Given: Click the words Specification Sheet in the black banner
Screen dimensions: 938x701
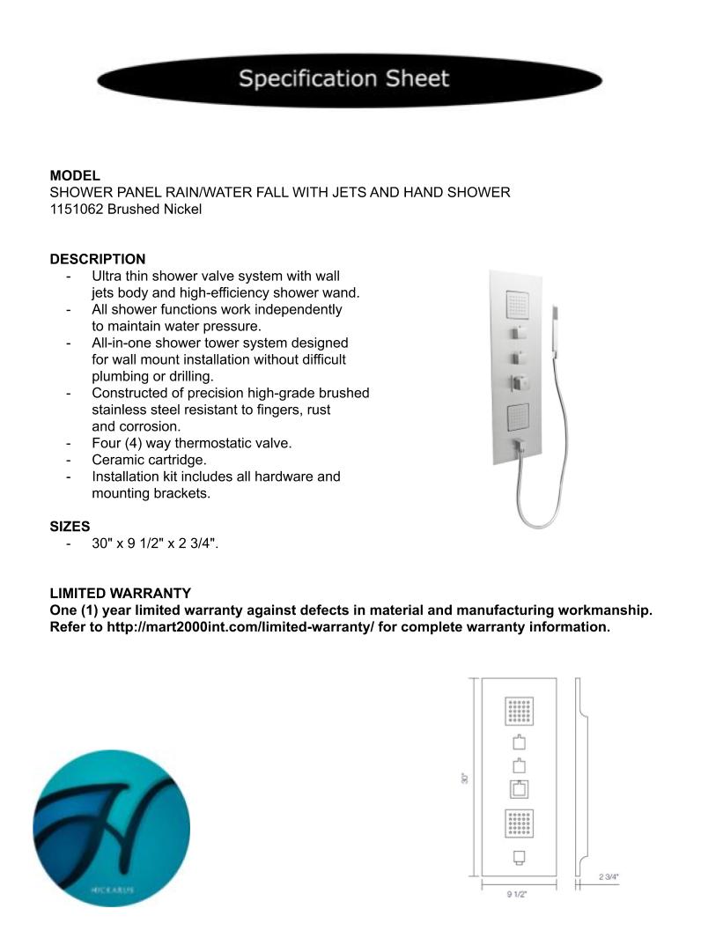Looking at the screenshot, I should pyautogui.click(x=344, y=79).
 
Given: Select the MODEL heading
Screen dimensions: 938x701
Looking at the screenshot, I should pyautogui.click(x=75, y=175).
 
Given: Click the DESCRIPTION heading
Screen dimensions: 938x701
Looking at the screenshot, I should pyautogui.click(x=98, y=259).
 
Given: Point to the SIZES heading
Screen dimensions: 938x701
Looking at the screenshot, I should pyautogui.click(x=70, y=527).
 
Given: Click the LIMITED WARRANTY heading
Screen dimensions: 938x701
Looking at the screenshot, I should pyautogui.click(x=120, y=594).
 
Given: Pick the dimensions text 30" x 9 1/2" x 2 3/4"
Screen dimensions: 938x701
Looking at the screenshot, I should pyautogui.click(x=154, y=543).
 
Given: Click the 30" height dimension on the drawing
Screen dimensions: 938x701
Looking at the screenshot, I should pyautogui.click(x=464, y=778).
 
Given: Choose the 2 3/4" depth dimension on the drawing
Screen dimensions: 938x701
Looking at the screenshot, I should pyautogui.click(x=609, y=876).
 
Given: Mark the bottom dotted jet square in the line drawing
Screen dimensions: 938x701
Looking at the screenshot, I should pyautogui.click(x=520, y=824).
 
